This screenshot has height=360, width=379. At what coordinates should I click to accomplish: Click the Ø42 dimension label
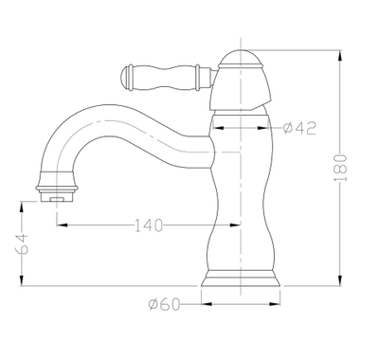tap(299, 128)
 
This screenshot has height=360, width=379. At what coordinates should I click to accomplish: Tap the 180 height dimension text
tap(340, 168)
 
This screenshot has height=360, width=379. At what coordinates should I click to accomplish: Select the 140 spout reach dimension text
tap(149, 225)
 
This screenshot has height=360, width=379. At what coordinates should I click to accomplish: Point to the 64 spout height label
tap(22, 243)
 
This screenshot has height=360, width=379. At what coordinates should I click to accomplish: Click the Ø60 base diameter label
tap(164, 304)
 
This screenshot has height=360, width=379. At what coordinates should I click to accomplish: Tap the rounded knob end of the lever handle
tap(126, 78)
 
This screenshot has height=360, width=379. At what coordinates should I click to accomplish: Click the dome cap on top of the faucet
tap(241, 59)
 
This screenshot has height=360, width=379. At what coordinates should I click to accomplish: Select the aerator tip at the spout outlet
tap(57, 196)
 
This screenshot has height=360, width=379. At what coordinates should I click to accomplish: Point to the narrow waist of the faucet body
tap(241, 202)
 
